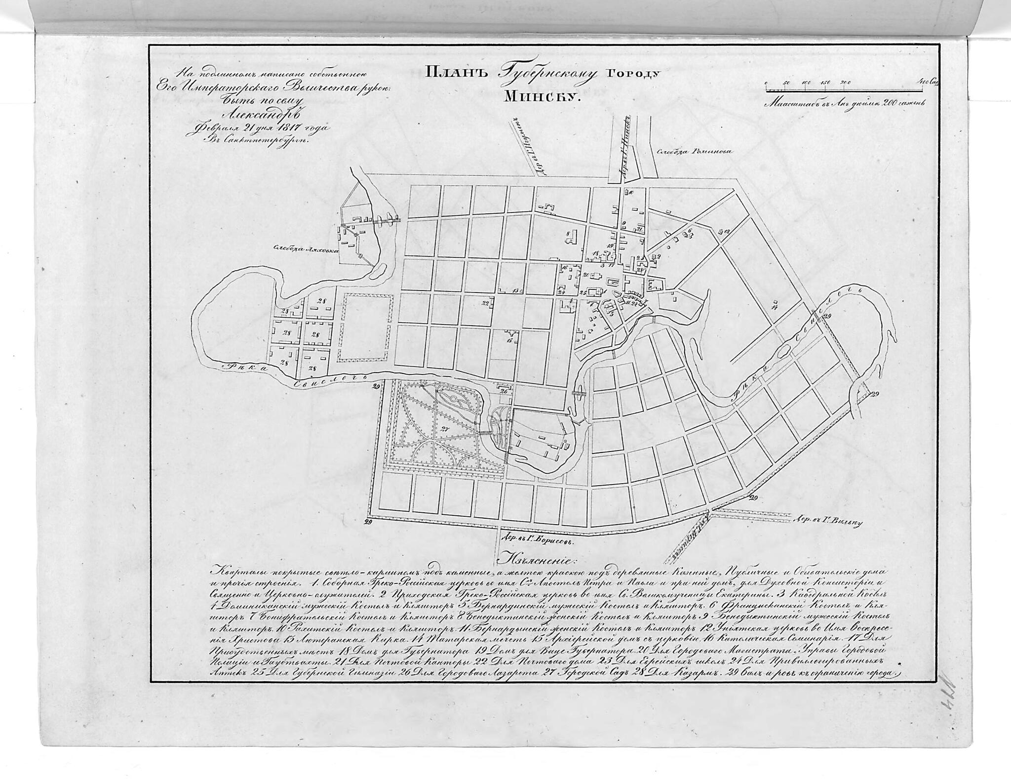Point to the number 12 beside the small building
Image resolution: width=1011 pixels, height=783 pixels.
727,231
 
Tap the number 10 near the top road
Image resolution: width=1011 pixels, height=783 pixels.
631,192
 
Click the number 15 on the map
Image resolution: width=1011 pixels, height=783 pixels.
508,340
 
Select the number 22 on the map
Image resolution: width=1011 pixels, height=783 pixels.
486,302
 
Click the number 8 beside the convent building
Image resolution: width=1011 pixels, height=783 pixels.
569,232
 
